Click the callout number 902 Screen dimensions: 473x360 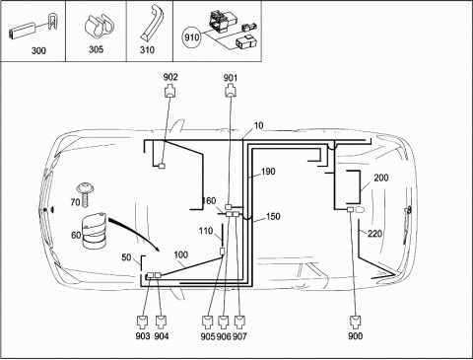(170, 77)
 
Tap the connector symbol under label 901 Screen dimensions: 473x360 (231, 91)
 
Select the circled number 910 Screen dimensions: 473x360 (191, 37)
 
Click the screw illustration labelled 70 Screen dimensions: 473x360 (86, 194)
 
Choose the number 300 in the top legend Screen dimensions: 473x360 (38, 50)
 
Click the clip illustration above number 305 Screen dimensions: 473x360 (98, 28)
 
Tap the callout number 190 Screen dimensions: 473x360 (268, 172)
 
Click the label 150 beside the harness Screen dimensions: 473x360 (273, 217)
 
